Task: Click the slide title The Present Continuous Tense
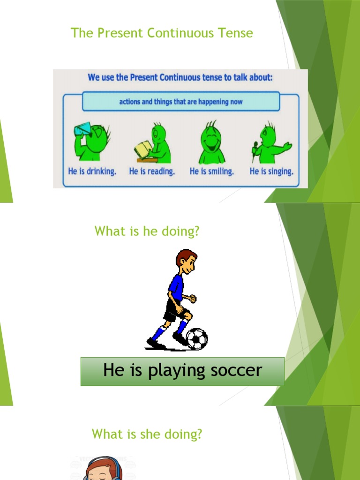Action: point(162,33)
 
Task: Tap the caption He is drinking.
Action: point(92,171)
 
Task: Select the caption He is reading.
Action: point(152,171)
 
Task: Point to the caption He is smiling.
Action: point(211,171)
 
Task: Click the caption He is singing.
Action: point(271,171)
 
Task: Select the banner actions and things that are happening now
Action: point(181,101)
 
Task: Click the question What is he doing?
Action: point(147,231)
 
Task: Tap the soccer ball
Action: point(197,338)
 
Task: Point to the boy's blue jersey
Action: point(176,287)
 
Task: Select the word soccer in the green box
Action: point(236,371)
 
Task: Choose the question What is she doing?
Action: point(147,434)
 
